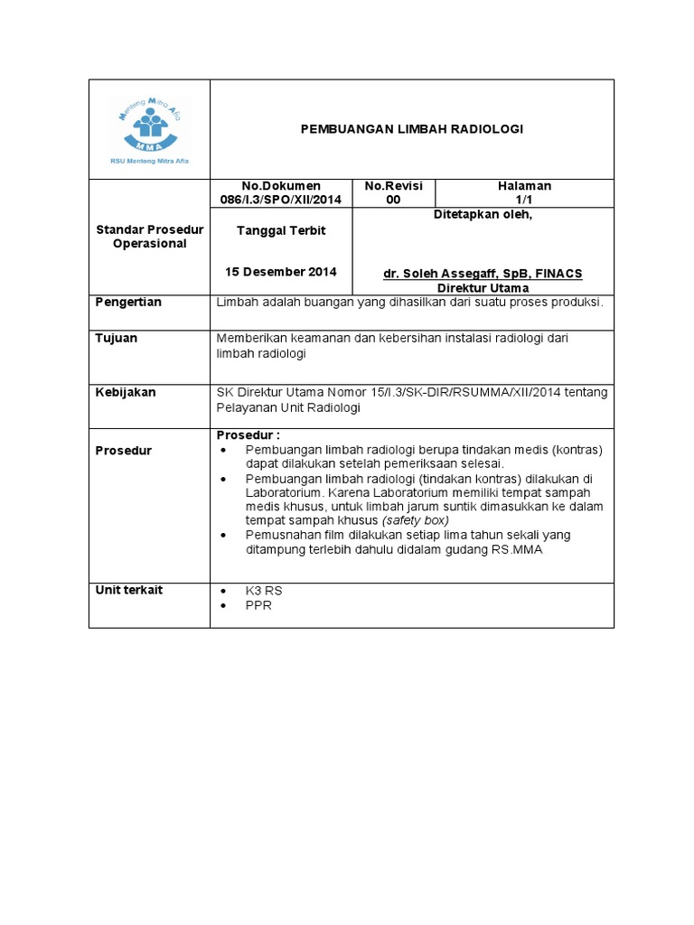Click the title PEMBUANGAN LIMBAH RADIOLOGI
[411, 129]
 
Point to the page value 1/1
[524, 200]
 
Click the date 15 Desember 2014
[280, 272]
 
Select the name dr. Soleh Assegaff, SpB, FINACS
[482, 274]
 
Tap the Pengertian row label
[128, 302]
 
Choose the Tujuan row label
[117, 338]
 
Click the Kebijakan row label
[126, 392]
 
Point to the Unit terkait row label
[129, 590]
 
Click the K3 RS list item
[264, 591]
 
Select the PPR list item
[258, 605]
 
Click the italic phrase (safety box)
[415, 520]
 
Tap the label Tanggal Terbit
[280, 230]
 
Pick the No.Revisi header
[393, 185]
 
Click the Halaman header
[524, 185]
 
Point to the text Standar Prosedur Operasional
[149, 237]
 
